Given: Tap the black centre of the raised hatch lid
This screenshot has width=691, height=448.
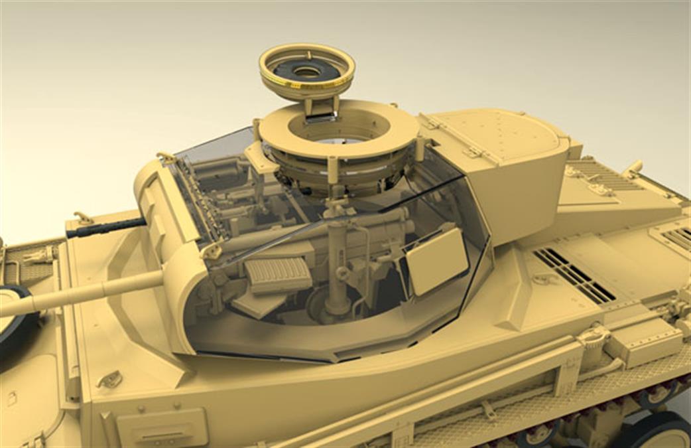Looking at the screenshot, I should point(306,71).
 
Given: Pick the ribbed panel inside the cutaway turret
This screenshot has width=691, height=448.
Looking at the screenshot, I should point(278,273).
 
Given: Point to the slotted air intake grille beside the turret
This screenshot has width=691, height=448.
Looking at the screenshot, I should point(574,274).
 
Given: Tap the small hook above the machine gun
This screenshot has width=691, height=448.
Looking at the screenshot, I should point(84,217).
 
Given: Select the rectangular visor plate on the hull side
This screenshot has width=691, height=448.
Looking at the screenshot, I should point(162,426).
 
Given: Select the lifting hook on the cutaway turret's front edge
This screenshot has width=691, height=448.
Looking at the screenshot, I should point(213,250).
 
